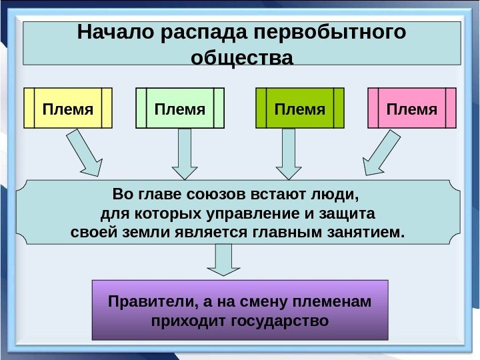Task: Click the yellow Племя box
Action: [68, 108]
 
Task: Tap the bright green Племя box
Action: [300, 108]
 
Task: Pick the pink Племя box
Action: [412, 108]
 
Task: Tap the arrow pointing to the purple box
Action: [223, 260]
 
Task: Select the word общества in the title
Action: [242, 58]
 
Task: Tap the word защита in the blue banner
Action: [350, 215]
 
